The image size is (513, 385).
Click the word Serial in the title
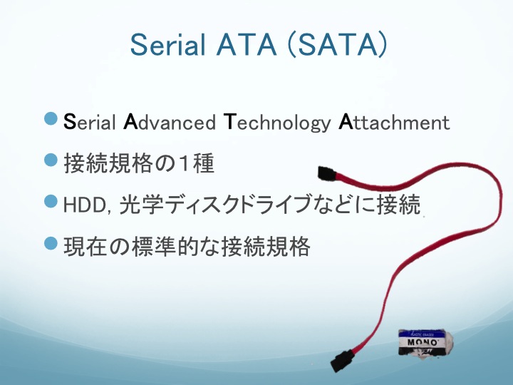pos(168,45)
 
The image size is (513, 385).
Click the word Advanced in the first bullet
pos(170,122)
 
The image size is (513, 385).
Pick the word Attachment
pos(394,122)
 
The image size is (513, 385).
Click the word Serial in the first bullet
pos(89,122)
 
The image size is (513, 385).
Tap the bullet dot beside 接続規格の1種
pos(51,160)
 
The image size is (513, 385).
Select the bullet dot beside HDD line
pos(51,200)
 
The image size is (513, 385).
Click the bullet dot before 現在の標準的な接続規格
pos(51,243)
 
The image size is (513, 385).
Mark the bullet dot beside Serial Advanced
pos(51,118)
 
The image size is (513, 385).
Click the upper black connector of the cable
pos(327,173)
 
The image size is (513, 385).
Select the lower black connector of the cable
pos(343,361)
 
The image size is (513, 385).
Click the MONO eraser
pos(425,343)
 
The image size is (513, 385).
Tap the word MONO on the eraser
pos(423,342)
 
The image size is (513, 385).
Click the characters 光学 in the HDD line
pos(141,204)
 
